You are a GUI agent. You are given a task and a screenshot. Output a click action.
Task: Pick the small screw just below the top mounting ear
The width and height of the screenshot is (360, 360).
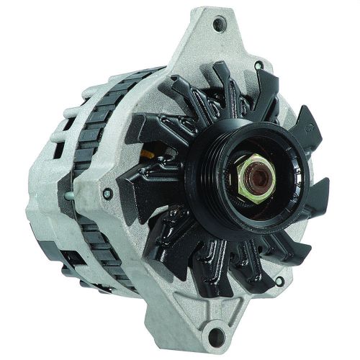click(258, 66)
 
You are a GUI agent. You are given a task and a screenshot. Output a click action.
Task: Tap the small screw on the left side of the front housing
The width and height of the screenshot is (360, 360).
click(107, 194)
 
